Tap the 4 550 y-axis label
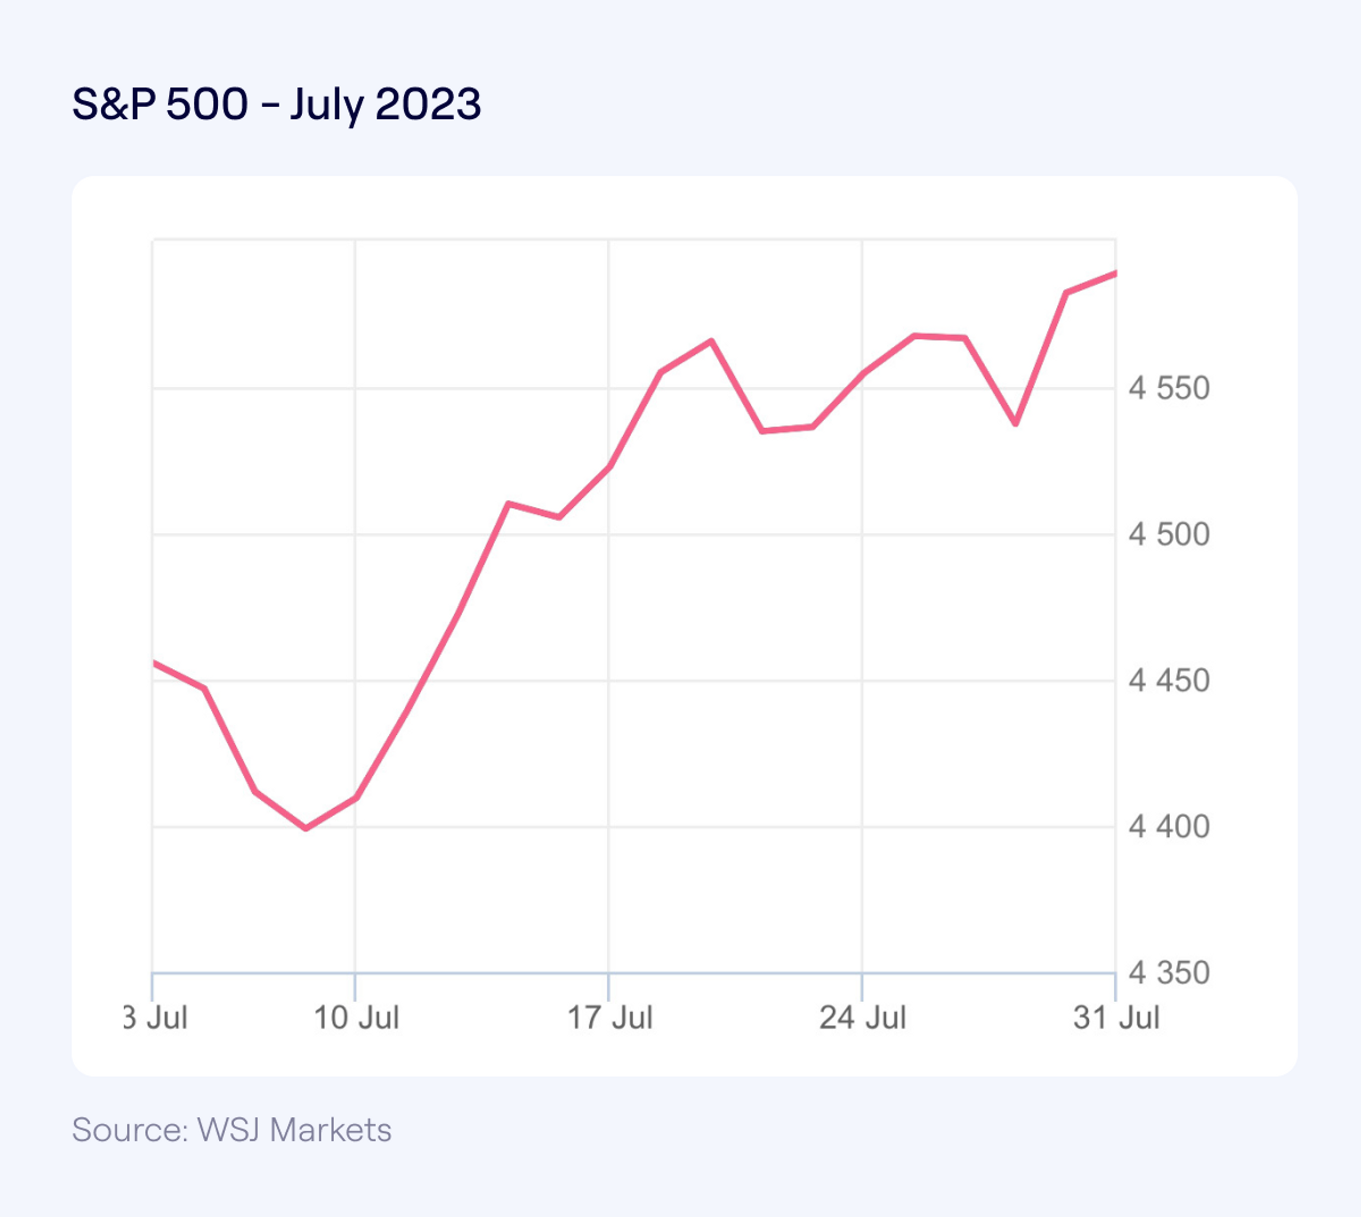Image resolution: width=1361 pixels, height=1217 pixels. click(x=1169, y=388)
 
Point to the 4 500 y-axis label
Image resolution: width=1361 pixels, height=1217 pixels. click(x=1169, y=534)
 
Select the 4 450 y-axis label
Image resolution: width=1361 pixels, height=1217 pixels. click(x=1169, y=681)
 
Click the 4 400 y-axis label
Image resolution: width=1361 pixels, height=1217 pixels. click(x=1169, y=827)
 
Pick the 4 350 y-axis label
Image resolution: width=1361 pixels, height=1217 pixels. click(x=1169, y=973)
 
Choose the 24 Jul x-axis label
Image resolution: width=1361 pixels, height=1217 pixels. click(x=863, y=1018)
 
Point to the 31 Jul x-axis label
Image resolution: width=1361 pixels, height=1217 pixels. click(x=1116, y=1018)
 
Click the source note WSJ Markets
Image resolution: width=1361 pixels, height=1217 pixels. click(x=231, y=1130)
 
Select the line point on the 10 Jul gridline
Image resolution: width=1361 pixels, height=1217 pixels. click(x=355, y=798)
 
